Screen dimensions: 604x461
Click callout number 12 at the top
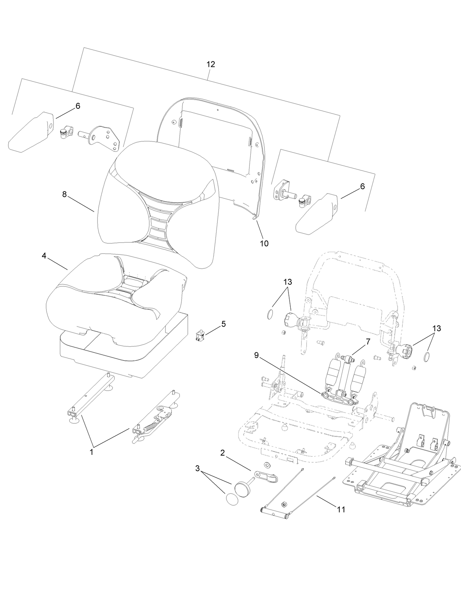pos(210,64)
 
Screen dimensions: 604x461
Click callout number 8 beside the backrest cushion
pos(65,194)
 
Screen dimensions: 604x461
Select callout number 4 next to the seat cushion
pos(44,255)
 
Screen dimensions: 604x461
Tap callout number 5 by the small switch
pos(223,324)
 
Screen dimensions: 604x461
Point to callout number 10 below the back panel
pos(264,243)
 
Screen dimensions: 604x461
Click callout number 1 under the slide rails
pos(92,452)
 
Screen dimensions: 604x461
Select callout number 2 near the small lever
pos(222,453)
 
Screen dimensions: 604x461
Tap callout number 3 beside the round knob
pos(197,468)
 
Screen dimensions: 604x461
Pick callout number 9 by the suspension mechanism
pos(256,355)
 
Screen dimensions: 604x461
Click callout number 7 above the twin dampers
pos(368,342)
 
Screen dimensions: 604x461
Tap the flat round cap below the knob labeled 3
pos(232,500)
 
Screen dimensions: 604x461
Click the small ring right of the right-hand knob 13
pos(427,357)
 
